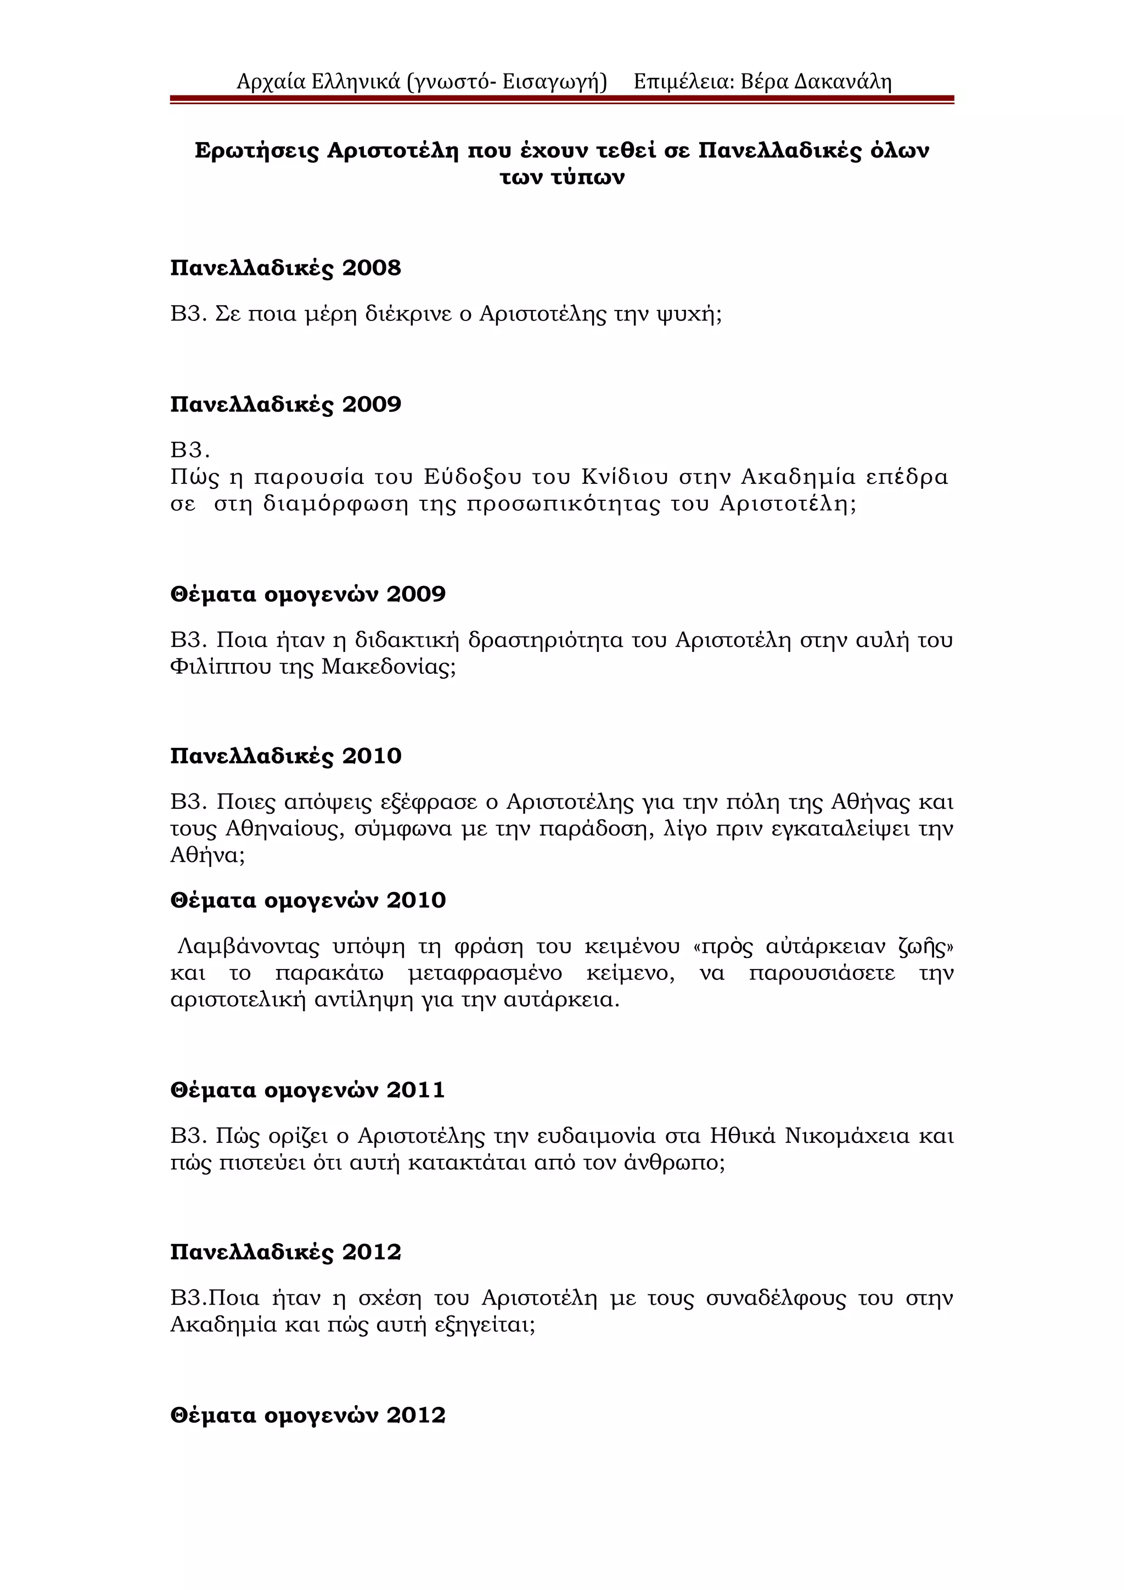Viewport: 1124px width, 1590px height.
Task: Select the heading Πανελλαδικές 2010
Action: (285, 755)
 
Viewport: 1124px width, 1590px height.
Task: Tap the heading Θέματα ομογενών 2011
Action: (307, 1090)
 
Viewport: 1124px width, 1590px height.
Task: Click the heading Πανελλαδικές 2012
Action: (285, 1252)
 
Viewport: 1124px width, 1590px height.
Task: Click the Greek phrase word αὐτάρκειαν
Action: (824, 946)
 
